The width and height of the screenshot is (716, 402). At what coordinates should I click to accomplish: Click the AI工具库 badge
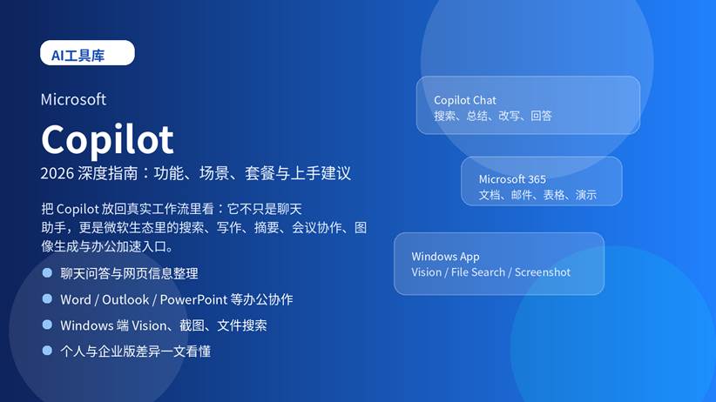pos(87,54)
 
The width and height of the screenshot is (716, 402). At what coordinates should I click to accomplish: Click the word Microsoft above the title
pos(73,99)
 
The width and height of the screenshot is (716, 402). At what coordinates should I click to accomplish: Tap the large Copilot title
pos(107,138)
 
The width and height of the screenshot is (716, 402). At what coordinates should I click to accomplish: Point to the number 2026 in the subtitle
pos(57,173)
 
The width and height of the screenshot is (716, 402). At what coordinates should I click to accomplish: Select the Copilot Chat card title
pos(465,100)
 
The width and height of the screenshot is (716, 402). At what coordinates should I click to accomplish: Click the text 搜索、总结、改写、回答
pos(493,116)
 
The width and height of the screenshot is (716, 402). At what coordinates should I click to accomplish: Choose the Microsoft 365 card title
pos(512,179)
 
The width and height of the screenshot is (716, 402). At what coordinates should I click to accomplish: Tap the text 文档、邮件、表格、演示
pos(537,195)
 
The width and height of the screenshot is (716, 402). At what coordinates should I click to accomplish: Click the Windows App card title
pos(445,257)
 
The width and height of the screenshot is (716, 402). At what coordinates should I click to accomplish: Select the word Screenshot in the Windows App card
pos(543,272)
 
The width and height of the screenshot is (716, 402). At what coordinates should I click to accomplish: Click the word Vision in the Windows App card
pos(427,272)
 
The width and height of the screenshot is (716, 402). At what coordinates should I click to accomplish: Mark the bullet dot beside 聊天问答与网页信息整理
pos(47,273)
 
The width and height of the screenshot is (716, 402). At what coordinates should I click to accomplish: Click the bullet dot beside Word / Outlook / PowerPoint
pos(47,299)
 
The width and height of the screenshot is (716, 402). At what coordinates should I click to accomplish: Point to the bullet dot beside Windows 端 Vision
pos(47,325)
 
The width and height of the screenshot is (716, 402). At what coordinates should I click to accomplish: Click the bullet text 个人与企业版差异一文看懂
pos(135,352)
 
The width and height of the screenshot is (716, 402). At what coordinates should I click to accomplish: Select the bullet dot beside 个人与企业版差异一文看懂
pos(47,352)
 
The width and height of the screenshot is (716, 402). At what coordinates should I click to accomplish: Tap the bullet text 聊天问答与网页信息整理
pos(129,273)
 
